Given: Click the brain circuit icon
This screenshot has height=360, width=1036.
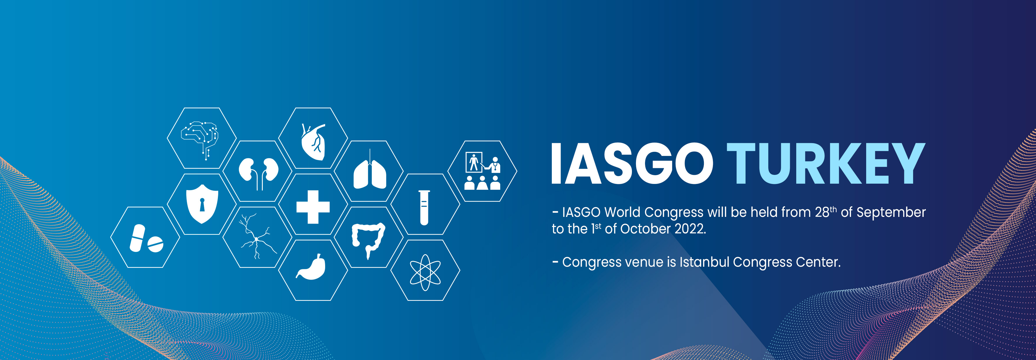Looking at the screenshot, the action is (200, 139).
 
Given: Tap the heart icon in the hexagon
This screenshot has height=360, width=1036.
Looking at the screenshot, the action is (313, 142).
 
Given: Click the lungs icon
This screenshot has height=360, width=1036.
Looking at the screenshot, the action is (370, 171).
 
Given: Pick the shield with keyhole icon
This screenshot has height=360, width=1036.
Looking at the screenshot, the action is (202, 204).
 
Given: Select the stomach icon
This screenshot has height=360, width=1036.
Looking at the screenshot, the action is (311, 267).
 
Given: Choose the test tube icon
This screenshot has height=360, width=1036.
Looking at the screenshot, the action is (424, 208).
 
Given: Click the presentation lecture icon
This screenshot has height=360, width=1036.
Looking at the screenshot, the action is (482, 171).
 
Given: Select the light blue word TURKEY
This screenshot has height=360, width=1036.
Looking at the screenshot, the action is (826, 163).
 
